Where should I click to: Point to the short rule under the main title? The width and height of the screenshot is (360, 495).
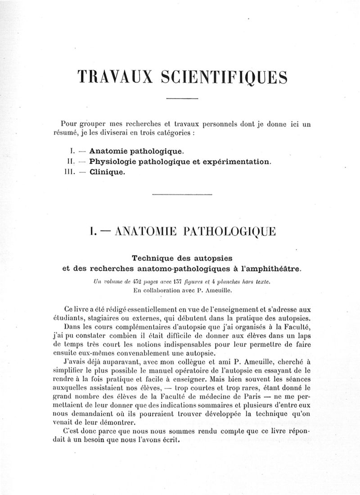tap(182, 98)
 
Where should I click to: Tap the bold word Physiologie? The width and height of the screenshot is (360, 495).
tap(116, 161)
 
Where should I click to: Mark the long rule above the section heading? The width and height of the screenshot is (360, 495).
tap(182, 194)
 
